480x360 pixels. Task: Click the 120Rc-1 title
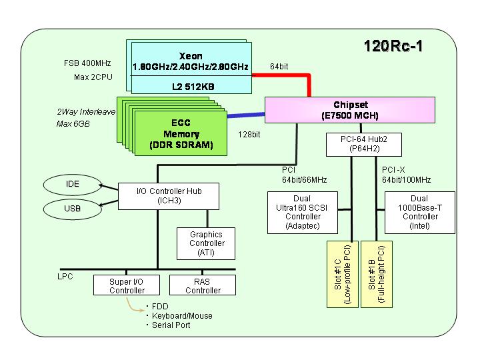tap(393, 46)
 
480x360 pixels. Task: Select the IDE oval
tap(72, 185)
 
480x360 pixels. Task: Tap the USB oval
tap(72, 209)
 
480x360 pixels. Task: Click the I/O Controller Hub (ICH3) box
tap(169, 196)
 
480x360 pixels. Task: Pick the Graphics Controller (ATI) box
tap(206, 244)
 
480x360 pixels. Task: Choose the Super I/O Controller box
tap(127, 285)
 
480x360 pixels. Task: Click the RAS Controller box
tap(203, 285)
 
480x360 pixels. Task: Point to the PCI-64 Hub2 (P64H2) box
tap(364, 145)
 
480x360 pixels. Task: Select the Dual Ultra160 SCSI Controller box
tap(303, 213)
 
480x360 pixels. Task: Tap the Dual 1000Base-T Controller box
tap(420, 213)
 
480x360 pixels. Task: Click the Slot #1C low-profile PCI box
tap(343, 274)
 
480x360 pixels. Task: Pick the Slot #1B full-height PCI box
tap(377, 274)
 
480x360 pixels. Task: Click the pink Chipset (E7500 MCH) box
tap(350, 110)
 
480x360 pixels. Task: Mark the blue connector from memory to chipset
tap(246, 115)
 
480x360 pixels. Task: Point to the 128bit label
tap(249, 135)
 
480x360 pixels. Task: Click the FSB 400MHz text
tap(87, 63)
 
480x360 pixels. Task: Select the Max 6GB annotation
tap(73, 124)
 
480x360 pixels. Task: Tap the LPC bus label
tap(65, 277)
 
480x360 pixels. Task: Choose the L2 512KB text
tap(193, 87)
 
